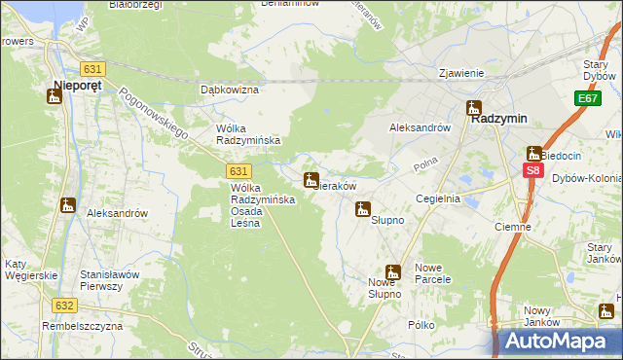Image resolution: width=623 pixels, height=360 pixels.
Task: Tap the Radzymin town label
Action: tap(499, 118)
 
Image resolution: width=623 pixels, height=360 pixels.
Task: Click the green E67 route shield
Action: tap(587, 99)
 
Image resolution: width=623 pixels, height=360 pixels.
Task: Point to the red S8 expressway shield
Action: tap(532, 170)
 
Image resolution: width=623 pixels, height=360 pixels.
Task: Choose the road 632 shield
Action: tap(65, 305)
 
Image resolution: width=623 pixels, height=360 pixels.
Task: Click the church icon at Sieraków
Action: tap(311, 180)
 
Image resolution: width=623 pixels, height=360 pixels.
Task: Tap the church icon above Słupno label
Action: tap(363, 208)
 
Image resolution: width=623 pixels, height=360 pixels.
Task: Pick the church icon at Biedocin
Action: tap(534, 153)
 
